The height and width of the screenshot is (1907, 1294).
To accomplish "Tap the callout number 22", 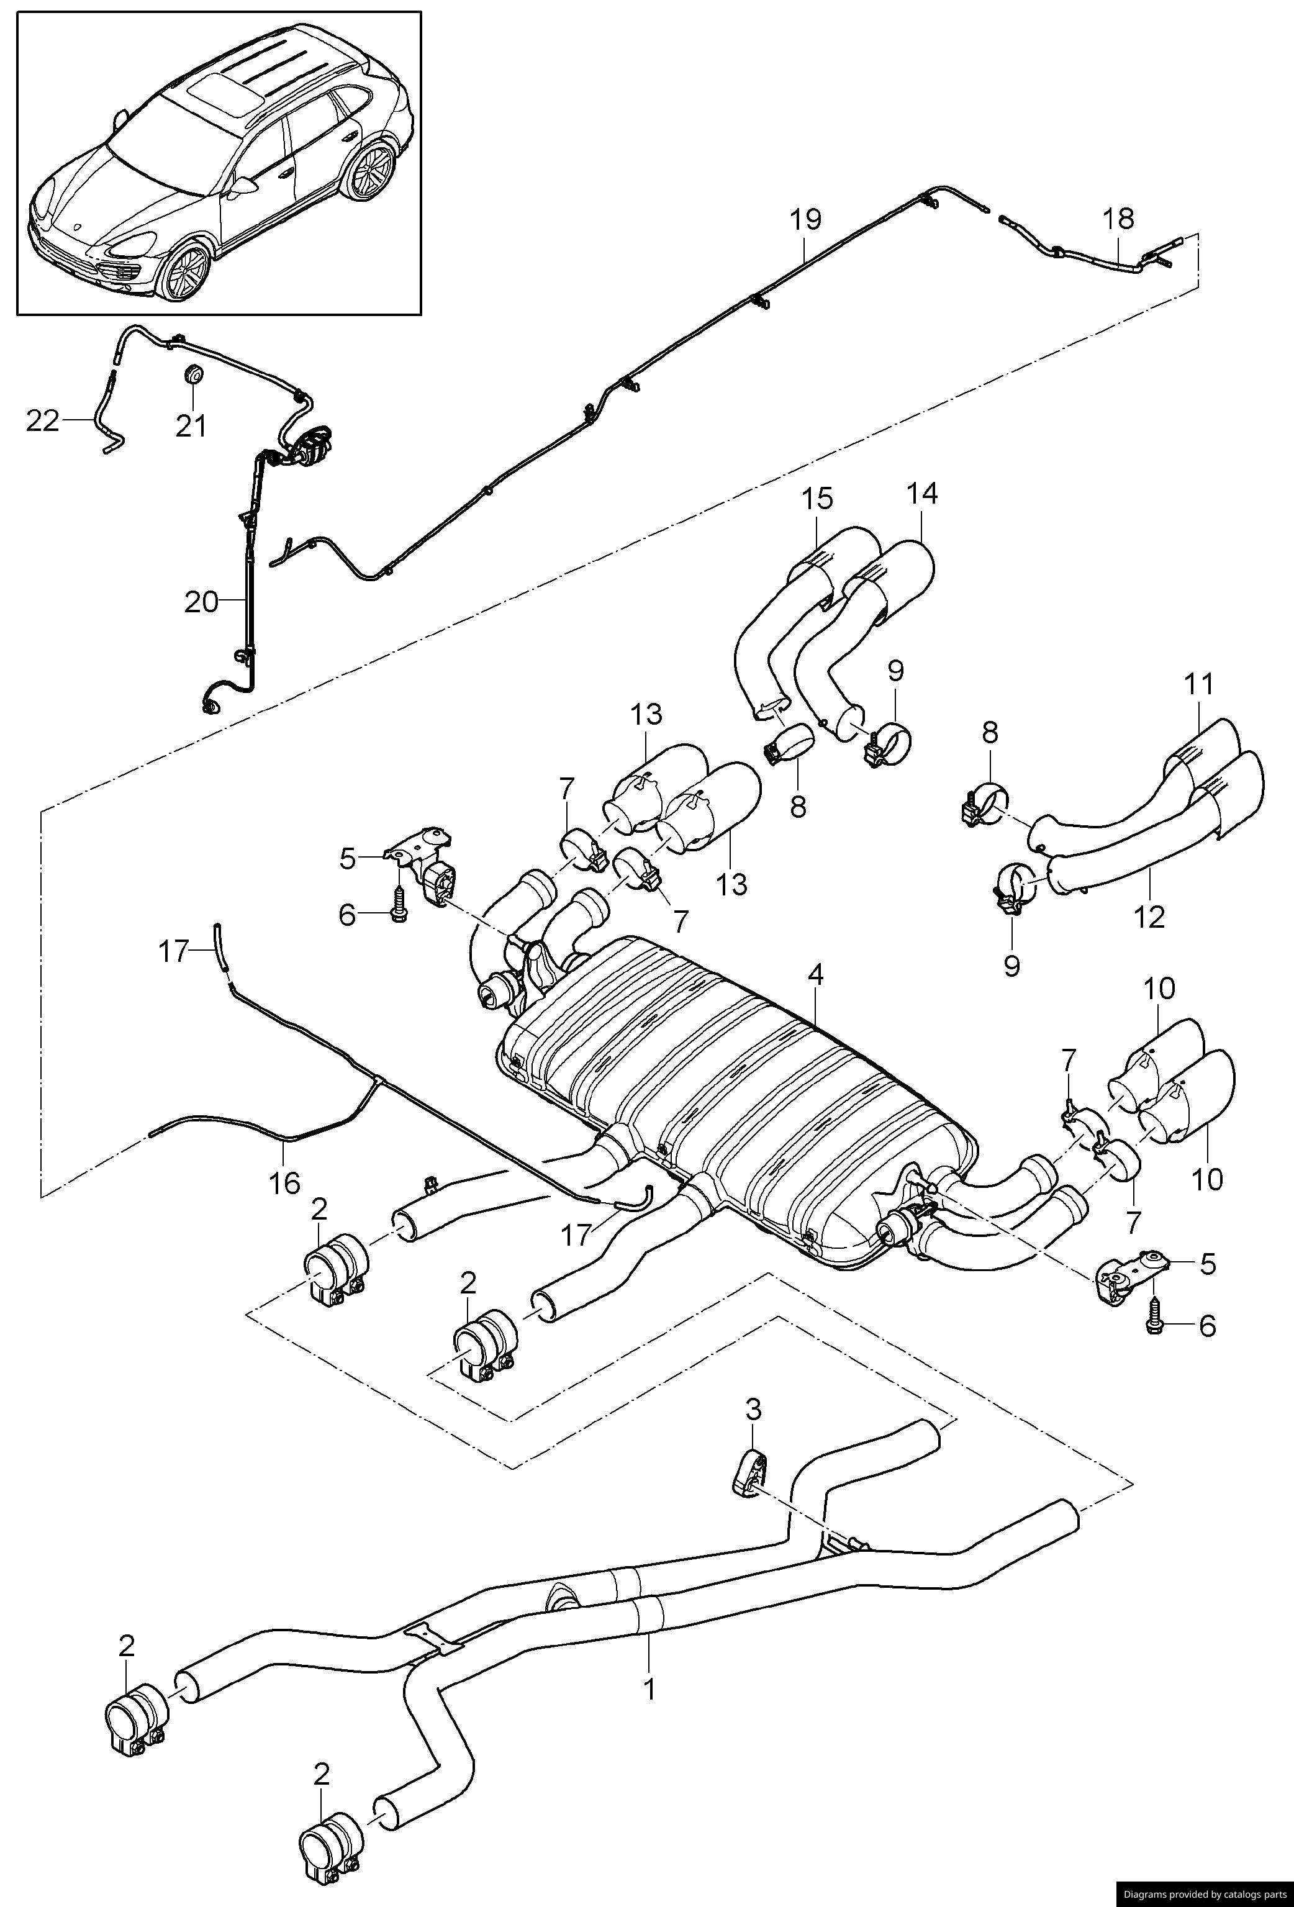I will [x=43, y=420].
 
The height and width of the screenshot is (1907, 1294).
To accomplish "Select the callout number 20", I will [x=201, y=602].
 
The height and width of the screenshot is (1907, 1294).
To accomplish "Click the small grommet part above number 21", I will [x=194, y=375].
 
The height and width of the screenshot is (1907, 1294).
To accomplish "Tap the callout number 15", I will [x=817, y=498].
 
